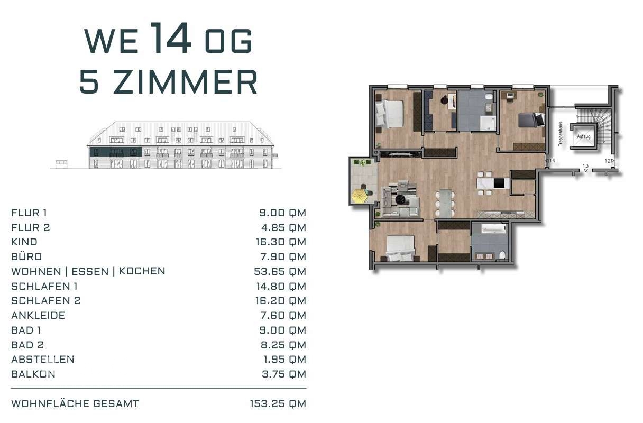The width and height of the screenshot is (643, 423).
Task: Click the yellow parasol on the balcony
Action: click(x=361, y=197)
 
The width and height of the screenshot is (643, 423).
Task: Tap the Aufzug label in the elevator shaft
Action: click(x=584, y=136)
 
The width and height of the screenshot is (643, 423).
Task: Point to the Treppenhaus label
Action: click(x=561, y=134)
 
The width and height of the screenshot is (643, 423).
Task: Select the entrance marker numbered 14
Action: click(x=550, y=161)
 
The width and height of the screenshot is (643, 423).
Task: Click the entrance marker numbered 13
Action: click(x=585, y=168)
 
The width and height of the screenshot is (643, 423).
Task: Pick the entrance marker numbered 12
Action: click(x=609, y=161)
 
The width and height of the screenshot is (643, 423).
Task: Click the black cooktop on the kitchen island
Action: click(x=499, y=183)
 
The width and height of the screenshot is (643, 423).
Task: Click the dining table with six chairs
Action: click(x=445, y=203)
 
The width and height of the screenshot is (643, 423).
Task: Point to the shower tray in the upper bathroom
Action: click(x=488, y=123)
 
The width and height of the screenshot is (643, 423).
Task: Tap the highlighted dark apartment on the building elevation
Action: click(x=116, y=152)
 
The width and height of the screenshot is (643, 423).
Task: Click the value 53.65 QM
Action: click(x=280, y=271)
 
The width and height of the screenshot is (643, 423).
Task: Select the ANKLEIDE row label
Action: click(x=38, y=315)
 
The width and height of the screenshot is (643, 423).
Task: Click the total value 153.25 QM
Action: click(x=278, y=404)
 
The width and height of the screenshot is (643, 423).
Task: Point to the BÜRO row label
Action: click(x=26, y=256)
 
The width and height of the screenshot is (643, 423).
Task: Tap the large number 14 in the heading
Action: click(x=170, y=38)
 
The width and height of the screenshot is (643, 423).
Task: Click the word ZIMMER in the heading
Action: click(x=185, y=82)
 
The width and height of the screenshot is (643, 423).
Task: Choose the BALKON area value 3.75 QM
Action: click(x=284, y=374)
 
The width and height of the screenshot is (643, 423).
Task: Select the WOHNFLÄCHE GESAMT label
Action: click(x=75, y=404)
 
